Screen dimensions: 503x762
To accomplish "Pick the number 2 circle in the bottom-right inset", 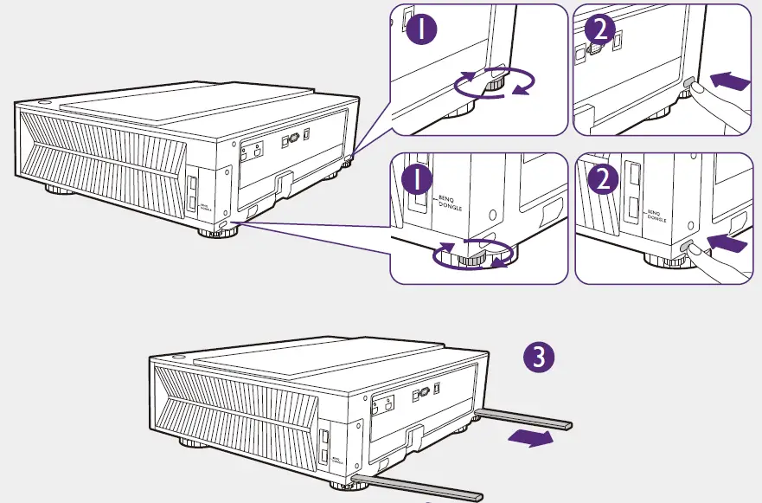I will click(x=600, y=181).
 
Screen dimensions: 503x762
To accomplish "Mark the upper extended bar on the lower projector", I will click(x=523, y=419).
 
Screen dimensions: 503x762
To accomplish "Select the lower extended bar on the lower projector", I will click(x=407, y=486).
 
